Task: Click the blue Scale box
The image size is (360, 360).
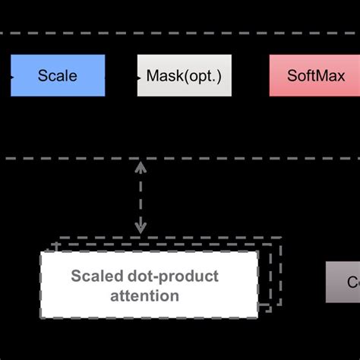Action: pyautogui.click(x=58, y=75)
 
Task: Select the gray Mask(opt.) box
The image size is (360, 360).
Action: pyautogui.click(x=185, y=75)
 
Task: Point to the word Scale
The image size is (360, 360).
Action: pyautogui.click(x=58, y=76)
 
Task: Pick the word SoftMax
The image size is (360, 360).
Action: pyautogui.click(x=316, y=76)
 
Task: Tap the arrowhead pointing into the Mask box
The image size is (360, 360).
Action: pyautogui.click(x=138, y=75)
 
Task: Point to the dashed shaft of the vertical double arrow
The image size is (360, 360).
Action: pyautogui.click(x=141, y=197)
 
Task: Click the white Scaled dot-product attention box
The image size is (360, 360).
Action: pyautogui.click(x=149, y=285)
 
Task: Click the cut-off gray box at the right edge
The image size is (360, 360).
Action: pyautogui.click(x=343, y=282)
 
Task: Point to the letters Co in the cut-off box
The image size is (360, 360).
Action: pyautogui.click(x=352, y=283)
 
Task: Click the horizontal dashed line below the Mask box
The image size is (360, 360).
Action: pyautogui.click(x=228, y=158)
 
